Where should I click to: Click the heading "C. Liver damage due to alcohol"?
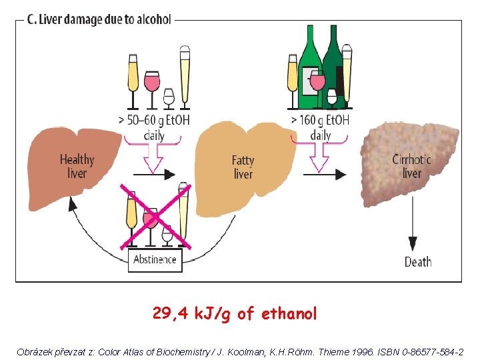pos(99,19)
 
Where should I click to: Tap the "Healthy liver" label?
pos(77,166)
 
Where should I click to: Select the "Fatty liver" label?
pos(243,167)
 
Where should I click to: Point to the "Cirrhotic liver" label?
pos(411,166)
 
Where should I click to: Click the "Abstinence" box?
pos(155,259)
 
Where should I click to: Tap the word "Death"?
pos(418,262)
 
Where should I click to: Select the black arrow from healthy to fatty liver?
pos(154,174)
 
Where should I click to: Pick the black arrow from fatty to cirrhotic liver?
pos(324,174)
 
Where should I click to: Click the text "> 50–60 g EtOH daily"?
pos(154,128)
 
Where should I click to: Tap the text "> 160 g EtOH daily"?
pos(321,127)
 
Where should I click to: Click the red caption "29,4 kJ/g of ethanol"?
pos(235,313)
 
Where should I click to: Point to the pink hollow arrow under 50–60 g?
pos(155,157)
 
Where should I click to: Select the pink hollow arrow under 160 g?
pos(321,157)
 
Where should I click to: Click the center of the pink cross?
pos(155,217)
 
